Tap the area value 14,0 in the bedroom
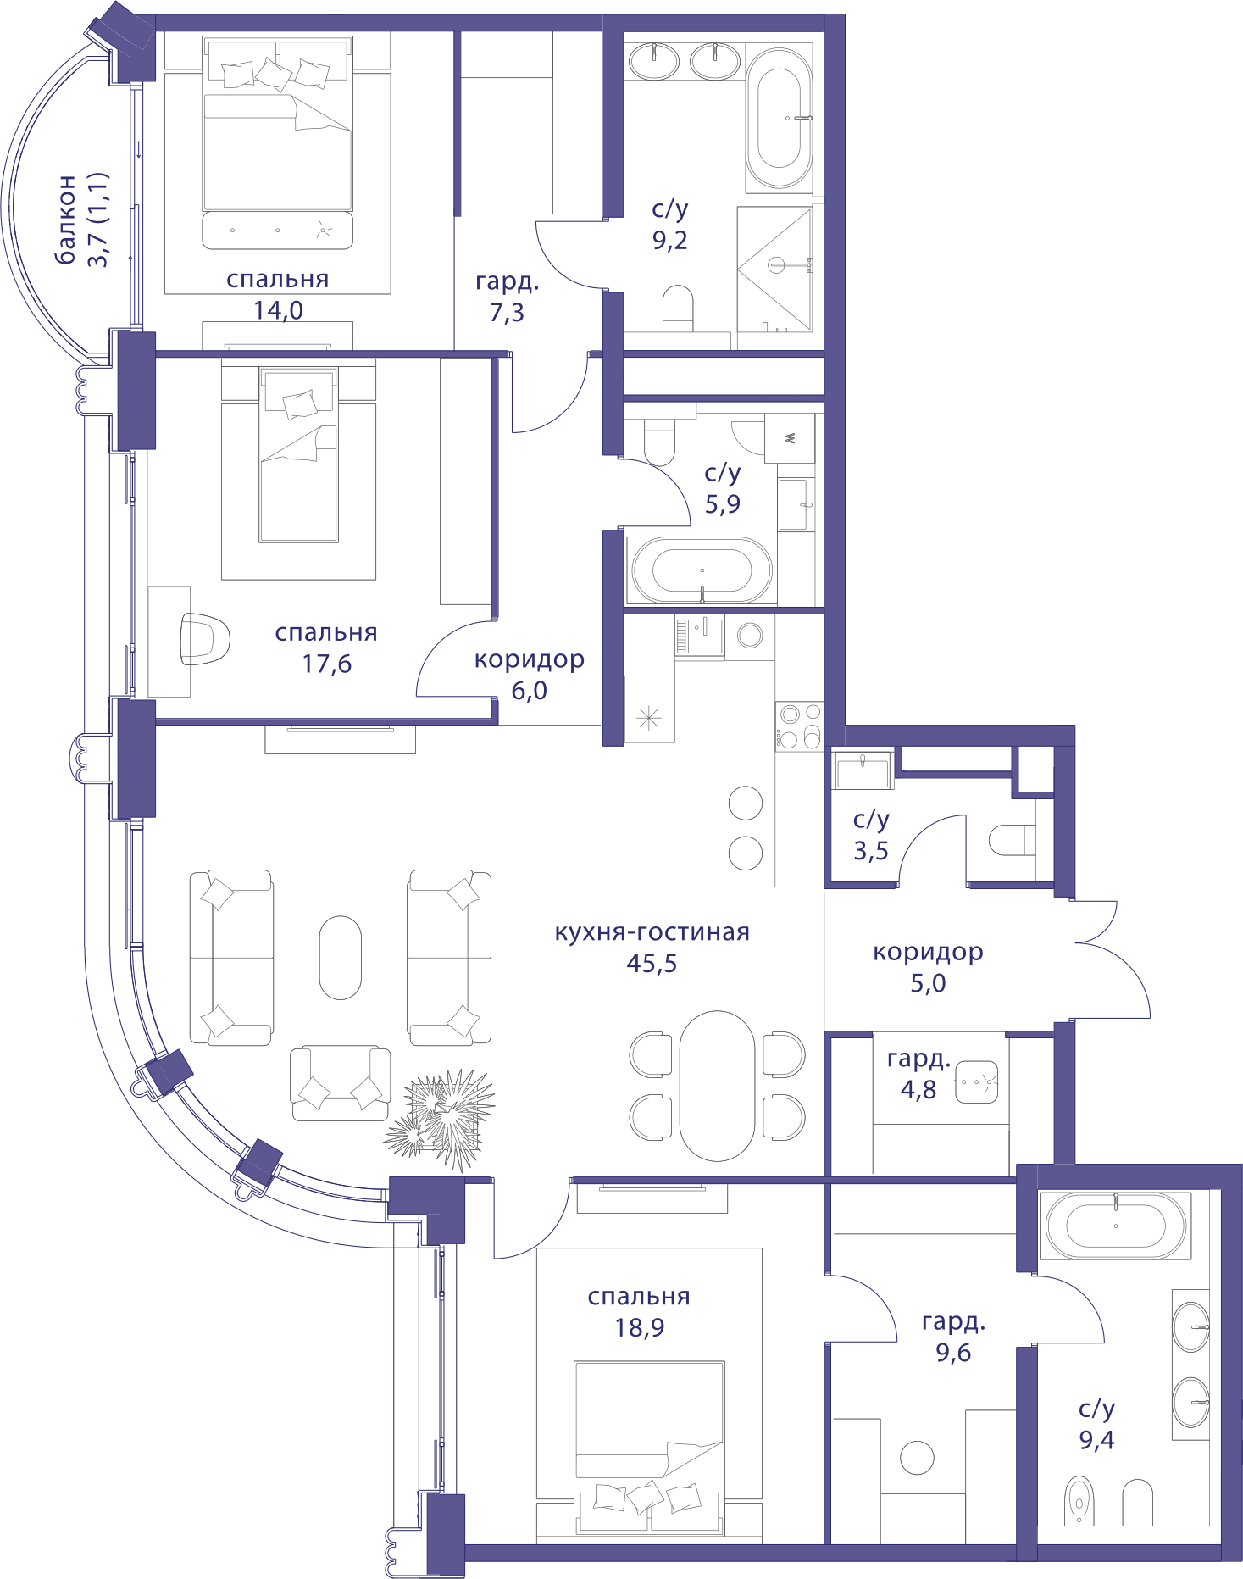coord(278,310)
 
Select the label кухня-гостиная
coord(652,932)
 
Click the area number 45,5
coord(652,964)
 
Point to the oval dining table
coord(717,1086)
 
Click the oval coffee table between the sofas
coord(340,958)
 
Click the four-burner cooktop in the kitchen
coord(799,726)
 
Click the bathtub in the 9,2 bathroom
coord(779,119)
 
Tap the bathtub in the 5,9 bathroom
coord(700,570)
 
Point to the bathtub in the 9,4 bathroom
coord(1116,1225)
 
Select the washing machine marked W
coord(790,438)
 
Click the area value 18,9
coord(640,1328)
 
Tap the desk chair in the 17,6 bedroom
coord(204,638)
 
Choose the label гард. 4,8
coord(918,1074)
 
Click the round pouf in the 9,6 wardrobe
coord(917,1458)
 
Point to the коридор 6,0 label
coord(529,675)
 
